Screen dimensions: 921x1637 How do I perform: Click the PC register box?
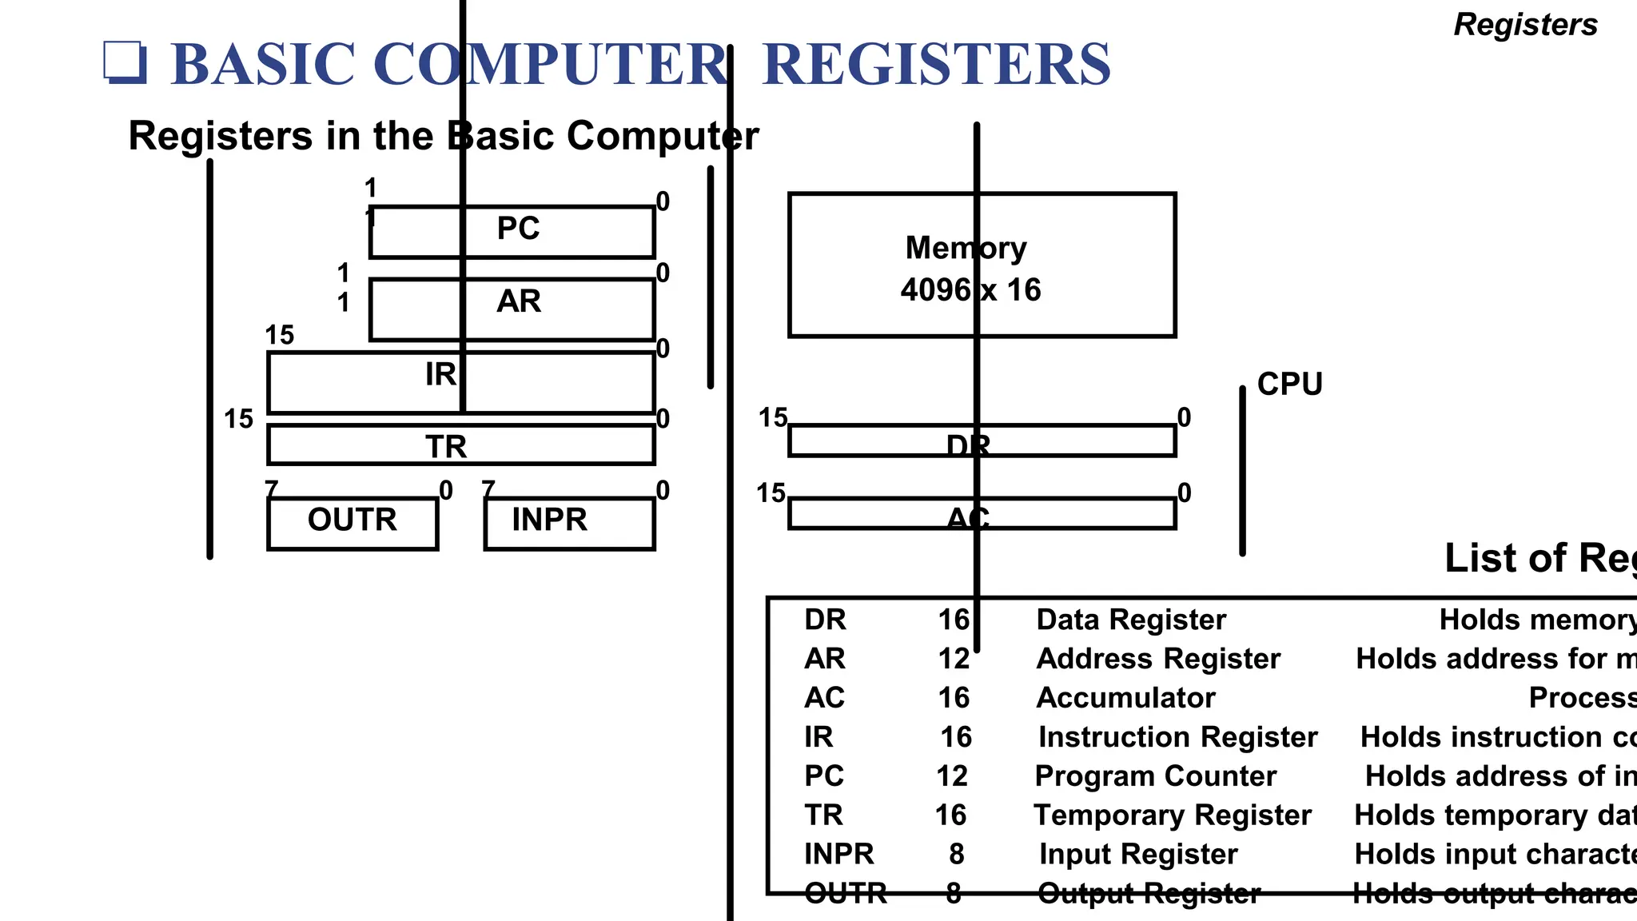tap(512, 232)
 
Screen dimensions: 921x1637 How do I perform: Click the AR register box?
tap(512, 309)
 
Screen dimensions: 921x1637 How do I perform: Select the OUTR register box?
tap(352, 523)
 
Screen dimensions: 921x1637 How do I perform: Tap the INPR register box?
tap(569, 523)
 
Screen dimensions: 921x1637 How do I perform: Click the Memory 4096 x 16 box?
tap(982, 265)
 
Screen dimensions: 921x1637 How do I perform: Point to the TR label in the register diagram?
tap(446, 446)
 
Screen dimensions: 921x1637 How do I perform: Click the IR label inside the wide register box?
tap(440, 374)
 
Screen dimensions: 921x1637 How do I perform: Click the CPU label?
tap(1289, 385)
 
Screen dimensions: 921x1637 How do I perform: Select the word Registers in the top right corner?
tap(1525, 25)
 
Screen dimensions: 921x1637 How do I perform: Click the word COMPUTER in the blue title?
tap(550, 65)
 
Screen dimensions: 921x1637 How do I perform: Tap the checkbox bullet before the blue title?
tap(125, 62)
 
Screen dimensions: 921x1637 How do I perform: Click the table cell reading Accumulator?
tap(1125, 698)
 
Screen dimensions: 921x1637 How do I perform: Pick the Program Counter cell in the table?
tap(1155, 776)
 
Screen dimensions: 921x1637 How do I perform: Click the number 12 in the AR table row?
tap(954, 659)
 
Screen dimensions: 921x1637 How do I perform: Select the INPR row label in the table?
tap(838, 855)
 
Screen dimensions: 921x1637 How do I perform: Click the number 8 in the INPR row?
tap(957, 855)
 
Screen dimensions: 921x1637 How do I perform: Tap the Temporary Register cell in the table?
tap(1172, 815)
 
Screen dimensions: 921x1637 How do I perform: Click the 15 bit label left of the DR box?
tap(772, 417)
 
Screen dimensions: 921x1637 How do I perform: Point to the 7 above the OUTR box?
tap(272, 488)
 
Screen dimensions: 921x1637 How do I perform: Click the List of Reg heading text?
tap(1539, 558)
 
